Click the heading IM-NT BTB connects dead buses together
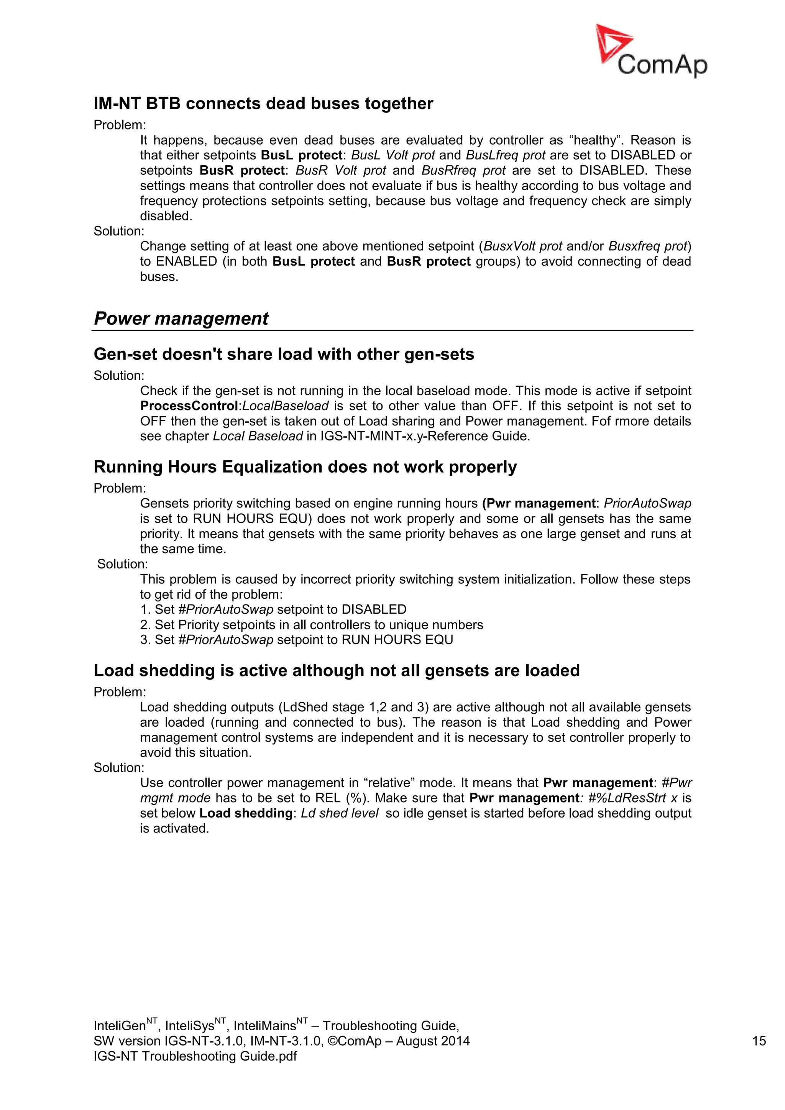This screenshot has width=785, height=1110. (x=263, y=103)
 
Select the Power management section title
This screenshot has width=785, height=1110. (x=181, y=319)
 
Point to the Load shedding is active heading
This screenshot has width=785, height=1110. (x=337, y=670)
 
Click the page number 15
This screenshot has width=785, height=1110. (x=759, y=1041)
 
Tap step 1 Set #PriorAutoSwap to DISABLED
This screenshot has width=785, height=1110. (x=273, y=610)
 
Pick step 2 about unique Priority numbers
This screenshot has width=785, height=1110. (x=311, y=625)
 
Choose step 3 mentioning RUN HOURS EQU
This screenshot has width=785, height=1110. (x=296, y=640)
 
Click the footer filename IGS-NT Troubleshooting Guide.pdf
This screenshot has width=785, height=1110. (x=195, y=1056)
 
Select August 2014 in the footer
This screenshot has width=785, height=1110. (x=433, y=1041)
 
